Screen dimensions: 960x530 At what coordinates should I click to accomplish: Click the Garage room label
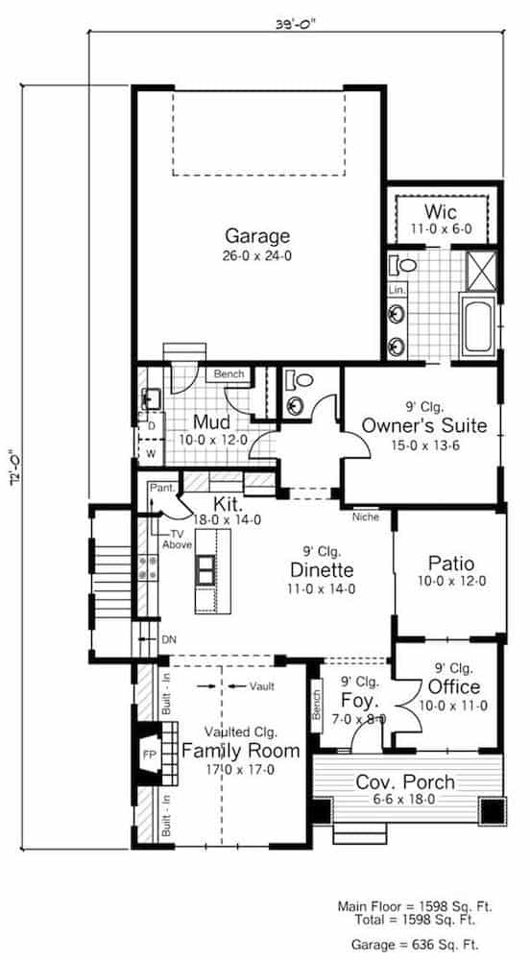[x=256, y=236]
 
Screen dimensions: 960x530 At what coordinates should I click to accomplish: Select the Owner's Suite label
[x=423, y=425]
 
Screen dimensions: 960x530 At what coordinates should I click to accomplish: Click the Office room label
[x=455, y=687]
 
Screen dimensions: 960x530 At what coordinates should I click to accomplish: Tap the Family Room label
[x=240, y=750]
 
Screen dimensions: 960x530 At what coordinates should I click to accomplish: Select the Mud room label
[x=209, y=422]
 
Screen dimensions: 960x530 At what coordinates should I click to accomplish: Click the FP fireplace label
[x=150, y=755]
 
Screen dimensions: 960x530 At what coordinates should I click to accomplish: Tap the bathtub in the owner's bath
[x=478, y=324]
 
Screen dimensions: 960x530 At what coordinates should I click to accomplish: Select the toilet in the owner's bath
[x=403, y=265]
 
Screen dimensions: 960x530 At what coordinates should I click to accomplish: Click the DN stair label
[x=168, y=638]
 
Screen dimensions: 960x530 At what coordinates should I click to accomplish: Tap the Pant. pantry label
[x=161, y=489]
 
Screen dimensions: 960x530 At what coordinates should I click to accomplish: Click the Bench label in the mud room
[x=229, y=373]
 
